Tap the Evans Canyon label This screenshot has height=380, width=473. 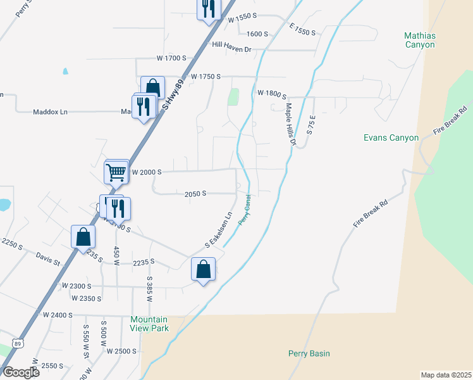point(391,137)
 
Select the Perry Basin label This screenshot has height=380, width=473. point(309,353)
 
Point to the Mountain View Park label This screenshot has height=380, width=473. point(149,324)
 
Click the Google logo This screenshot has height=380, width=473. point(20,372)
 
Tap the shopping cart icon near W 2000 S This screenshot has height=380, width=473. point(116,171)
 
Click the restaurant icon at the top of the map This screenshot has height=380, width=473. point(207,9)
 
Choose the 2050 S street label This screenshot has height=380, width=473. point(195,194)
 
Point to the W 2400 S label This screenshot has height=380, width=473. point(58,314)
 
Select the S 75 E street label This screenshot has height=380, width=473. point(310,124)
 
